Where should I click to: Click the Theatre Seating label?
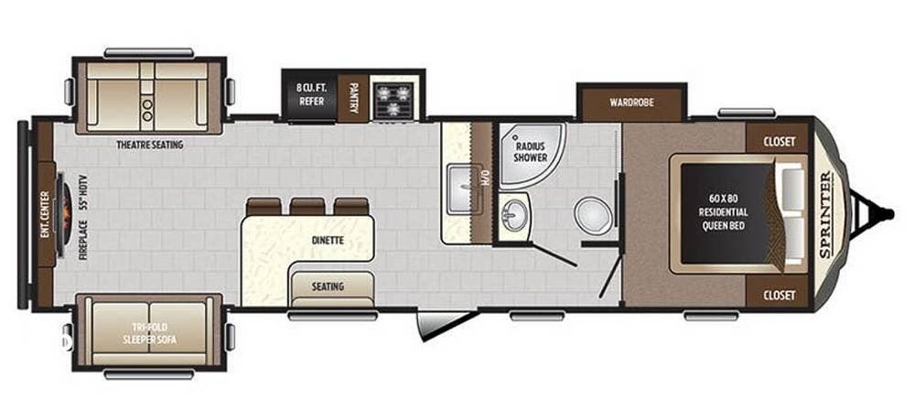click(149, 145)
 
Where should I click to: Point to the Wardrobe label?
click(631, 102)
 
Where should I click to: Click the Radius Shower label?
click(531, 151)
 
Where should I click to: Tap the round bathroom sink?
click(516, 215)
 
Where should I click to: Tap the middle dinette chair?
click(307, 206)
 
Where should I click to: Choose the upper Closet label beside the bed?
click(778, 142)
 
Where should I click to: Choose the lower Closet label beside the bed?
click(778, 295)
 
